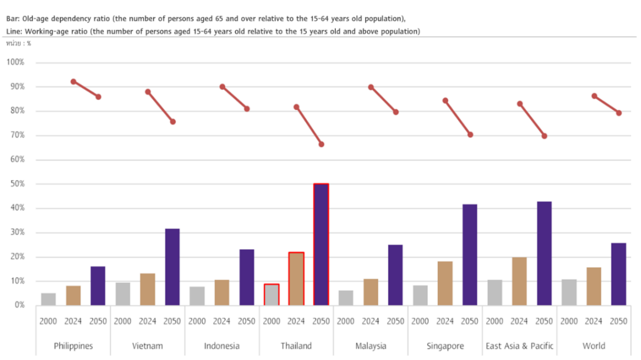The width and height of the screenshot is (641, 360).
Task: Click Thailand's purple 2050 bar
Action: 321,244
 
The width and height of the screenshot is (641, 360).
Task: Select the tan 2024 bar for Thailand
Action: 296,279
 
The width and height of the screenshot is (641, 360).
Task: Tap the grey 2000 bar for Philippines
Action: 48,299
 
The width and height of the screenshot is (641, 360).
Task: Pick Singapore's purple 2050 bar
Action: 470,255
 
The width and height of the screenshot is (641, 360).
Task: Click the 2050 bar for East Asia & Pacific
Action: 544,253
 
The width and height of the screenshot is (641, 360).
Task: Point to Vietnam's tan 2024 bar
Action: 148,289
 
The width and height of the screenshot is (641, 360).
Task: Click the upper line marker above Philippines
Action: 73,81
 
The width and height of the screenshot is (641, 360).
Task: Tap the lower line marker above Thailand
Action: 321,144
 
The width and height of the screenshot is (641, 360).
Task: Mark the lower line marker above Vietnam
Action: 172,122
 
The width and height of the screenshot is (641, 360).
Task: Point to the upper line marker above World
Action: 594,96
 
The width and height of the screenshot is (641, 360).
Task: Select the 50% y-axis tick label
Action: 17,184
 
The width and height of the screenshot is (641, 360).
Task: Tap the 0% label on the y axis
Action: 19,305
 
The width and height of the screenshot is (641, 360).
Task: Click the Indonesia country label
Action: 222,346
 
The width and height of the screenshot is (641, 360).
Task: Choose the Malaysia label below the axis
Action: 371,346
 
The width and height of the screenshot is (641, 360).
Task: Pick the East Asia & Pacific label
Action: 519,346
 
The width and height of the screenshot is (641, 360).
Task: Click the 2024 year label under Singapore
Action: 445,321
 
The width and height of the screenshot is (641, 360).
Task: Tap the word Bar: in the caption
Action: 13,18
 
